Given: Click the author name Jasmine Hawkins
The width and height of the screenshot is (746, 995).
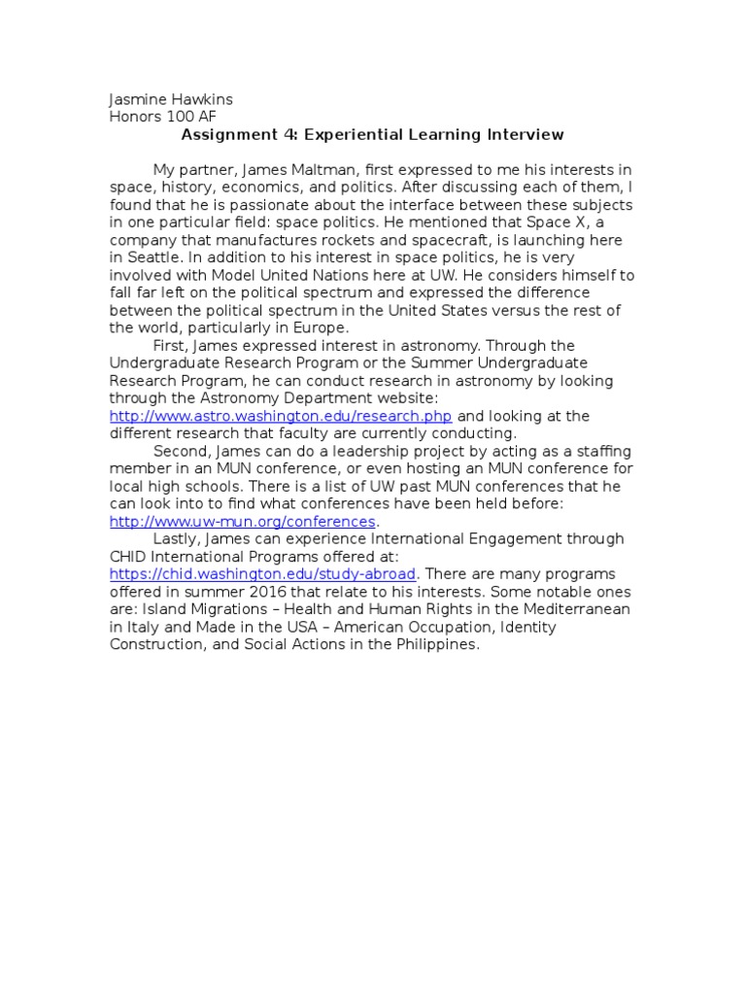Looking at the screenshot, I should pyautogui.click(x=171, y=99).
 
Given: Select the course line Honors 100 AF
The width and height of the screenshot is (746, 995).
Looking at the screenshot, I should pyautogui.click(x=162, y=117).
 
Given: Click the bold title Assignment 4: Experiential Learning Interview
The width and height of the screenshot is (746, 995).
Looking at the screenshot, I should pyautogui.click(x=372, y=134).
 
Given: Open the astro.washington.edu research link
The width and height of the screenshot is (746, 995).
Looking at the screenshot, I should pyautogui.click(x=281, y=416).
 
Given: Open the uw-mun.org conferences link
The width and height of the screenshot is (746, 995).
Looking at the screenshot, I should pyautogui.click(x=242, y=521).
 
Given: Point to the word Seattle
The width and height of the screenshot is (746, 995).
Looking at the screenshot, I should pyautogui.click(x=153, y=257).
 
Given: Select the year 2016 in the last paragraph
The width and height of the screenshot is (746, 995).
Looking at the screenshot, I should pyautogui.click(x=286, y=591).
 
